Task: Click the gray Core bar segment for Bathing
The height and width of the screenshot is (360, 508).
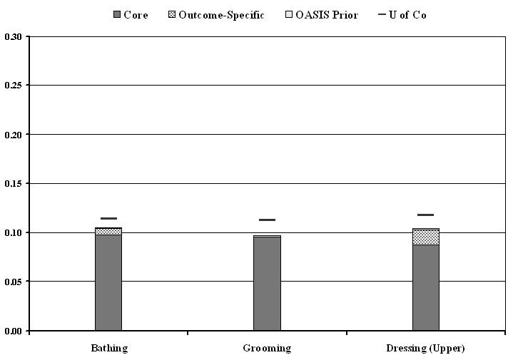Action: click(x=108, y=282)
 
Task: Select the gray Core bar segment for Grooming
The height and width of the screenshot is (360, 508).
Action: click(x=267, y=283)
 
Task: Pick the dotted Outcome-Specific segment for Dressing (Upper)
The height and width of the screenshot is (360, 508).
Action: click(x=425, y=237)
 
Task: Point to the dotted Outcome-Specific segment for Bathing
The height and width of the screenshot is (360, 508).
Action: click(x=108, y=231)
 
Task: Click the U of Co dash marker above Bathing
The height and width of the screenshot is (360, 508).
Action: click(x=108, y=218)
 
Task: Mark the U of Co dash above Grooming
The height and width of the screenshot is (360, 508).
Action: click(x=267, y=220)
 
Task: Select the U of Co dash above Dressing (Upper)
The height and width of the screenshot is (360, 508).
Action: click(x=425, y=215)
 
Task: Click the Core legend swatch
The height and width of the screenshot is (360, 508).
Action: click(x=117, y=15)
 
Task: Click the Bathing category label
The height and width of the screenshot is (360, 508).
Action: click(x=108, y=349)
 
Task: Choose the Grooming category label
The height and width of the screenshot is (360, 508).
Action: click(x=267, y=349)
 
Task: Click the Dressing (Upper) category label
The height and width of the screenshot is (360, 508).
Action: click(x=425, y=349)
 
